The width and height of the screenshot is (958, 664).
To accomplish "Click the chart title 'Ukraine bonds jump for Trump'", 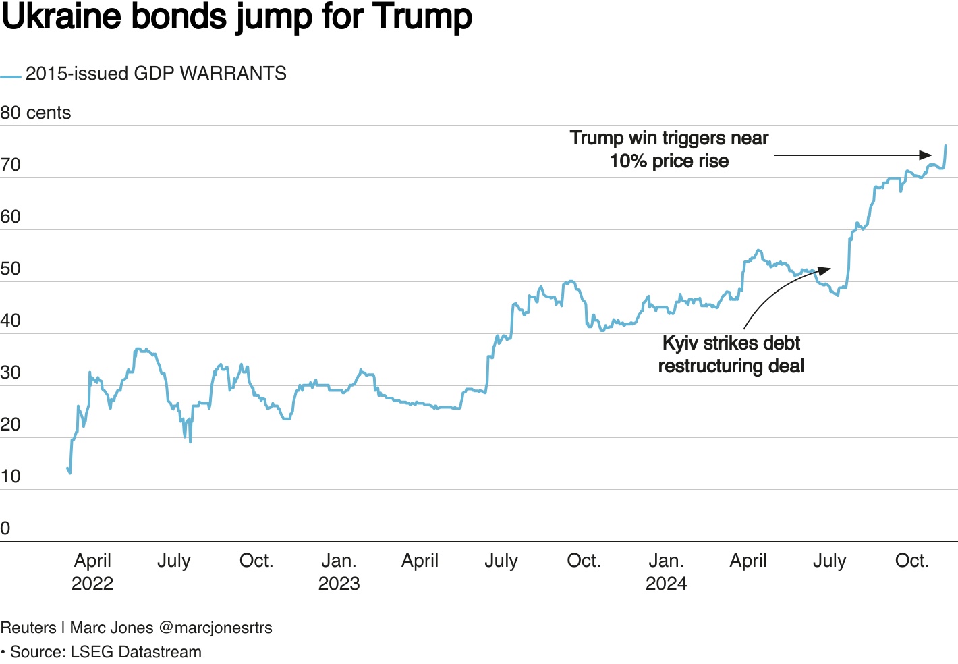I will pos(237,17).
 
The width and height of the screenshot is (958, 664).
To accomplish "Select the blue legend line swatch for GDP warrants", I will pos(11,77).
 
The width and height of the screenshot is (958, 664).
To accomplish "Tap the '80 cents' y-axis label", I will pos(36,113).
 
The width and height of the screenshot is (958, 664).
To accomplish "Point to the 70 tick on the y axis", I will pos(11,165).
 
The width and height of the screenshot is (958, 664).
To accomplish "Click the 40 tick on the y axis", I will pos(11,321).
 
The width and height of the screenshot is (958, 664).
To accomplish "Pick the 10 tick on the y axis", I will pos(11,476).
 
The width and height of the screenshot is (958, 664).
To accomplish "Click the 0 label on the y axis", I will pos(5,528).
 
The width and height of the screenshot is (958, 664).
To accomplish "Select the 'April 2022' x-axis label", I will pos(92,572).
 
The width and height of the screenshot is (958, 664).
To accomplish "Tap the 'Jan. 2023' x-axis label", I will pos(339,572).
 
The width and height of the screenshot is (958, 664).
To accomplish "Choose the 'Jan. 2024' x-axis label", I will pos(666,572).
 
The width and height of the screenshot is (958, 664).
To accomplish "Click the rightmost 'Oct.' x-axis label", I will pos(911,561).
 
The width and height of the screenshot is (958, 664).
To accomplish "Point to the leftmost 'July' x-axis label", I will pos(174,561).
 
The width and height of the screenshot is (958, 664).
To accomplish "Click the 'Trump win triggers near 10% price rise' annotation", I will pos(669,149).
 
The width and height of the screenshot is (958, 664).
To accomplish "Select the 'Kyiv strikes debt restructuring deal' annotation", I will pos(731,354).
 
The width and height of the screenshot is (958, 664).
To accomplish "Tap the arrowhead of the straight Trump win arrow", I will pos(927,155).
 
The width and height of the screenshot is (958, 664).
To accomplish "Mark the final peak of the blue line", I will pos(945,146).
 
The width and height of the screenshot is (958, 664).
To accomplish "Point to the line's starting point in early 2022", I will pos(67,468).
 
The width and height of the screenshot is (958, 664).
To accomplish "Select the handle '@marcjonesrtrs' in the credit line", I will pos(216,628).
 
